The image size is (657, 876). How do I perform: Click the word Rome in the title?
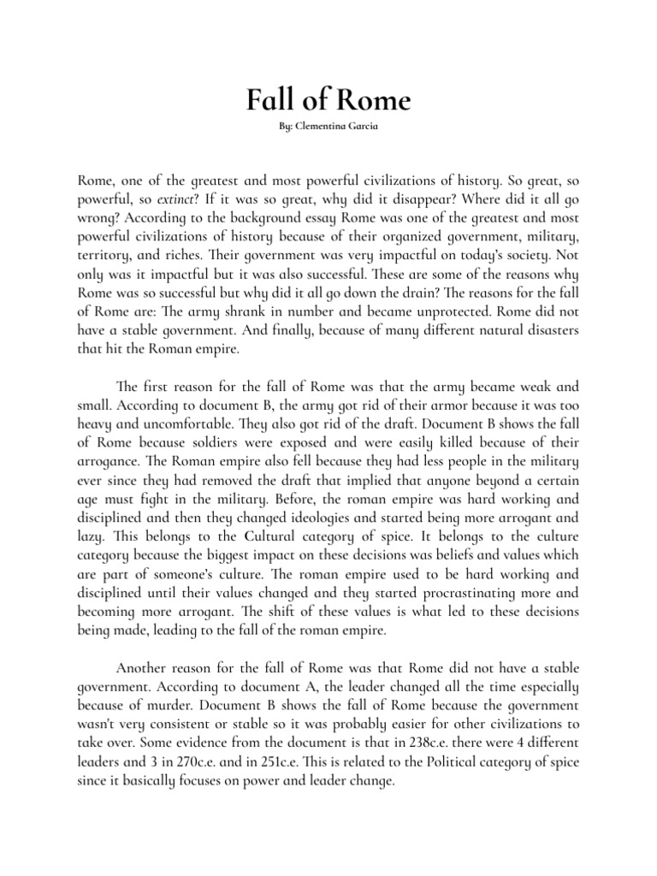coord(374,103)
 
